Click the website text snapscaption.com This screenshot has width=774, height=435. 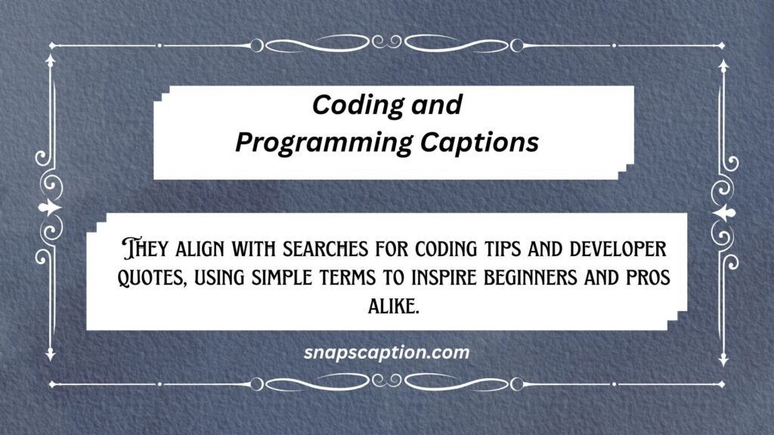(386, 352)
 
